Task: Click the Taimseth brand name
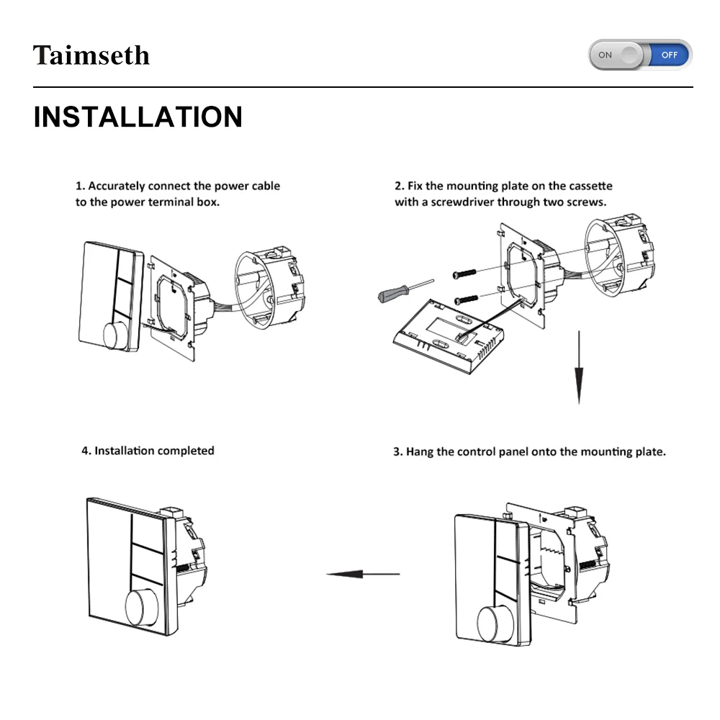[x=91, y=55]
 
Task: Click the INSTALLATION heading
[x=138, y=117]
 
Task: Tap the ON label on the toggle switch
[x=606, y=55]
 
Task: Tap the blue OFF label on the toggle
[x=670, y=55]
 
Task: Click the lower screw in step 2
[x=466, y=298]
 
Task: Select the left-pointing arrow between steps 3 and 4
[x=363, y=574]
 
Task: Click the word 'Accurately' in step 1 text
[x=117, y=186]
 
